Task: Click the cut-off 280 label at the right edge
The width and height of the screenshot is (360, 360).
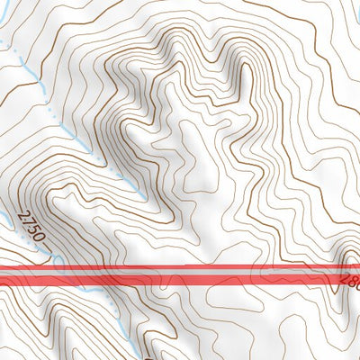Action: (x=350, y=281)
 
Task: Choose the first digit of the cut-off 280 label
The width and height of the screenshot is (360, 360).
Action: (x=345, y=279)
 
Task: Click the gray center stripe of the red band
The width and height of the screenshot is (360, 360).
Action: (x=180, y=274)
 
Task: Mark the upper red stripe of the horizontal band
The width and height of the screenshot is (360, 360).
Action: (x=180, y=268)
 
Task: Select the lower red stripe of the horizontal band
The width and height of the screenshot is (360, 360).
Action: (x=180, y=281)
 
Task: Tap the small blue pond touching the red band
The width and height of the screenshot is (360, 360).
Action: (x=58, y=262)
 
